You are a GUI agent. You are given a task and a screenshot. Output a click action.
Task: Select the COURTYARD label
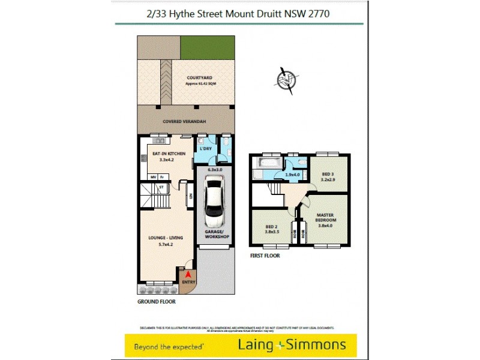pos(200,79)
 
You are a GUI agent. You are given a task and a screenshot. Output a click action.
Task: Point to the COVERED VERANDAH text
pos(185,122)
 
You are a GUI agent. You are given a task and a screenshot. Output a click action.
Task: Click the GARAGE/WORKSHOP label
pos(217,234)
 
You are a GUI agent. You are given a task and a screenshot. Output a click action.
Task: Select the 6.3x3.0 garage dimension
pos(215,170)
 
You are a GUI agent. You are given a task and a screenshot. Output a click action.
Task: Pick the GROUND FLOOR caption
pos(156,302)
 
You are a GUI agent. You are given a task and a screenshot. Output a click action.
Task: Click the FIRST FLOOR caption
pos(265,256)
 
